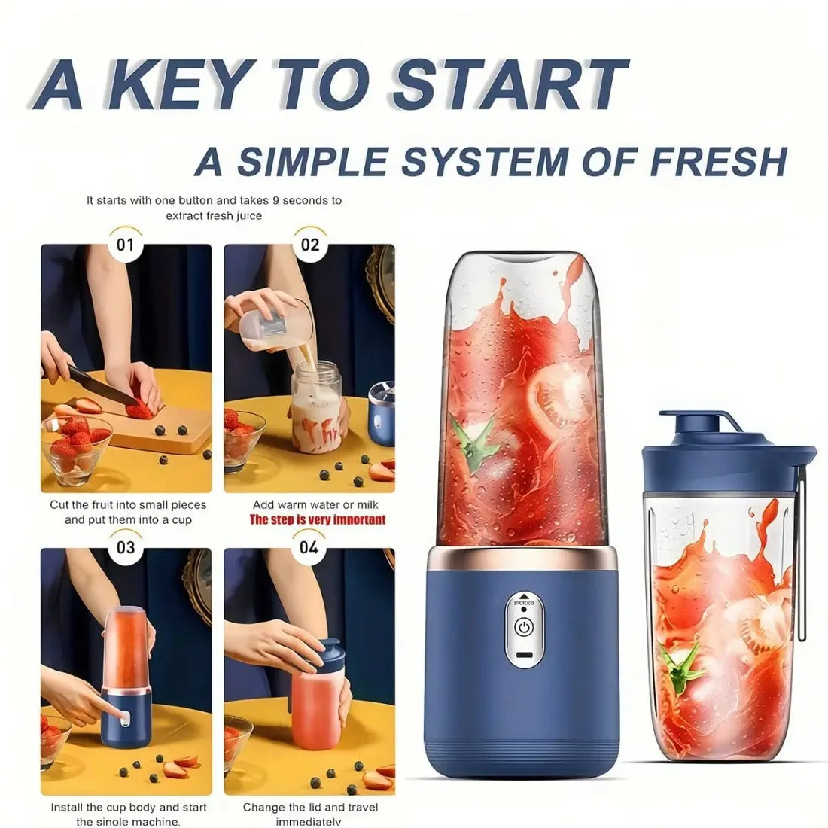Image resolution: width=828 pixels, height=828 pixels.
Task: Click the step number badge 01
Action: tap(126, 245)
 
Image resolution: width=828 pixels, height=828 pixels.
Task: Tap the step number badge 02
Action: tap(310, 245)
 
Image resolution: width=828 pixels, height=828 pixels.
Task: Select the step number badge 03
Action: tap(126, 546)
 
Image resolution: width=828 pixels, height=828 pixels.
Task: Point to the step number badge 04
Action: tap(309, 546)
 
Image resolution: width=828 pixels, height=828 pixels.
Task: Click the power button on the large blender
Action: tap(523, 626)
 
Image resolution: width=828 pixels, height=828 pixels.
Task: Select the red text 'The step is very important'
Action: tap(317, 519)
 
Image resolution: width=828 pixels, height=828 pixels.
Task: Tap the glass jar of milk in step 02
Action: tap(316, 406)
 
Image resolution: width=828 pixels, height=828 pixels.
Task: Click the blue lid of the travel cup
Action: tap(726, 440)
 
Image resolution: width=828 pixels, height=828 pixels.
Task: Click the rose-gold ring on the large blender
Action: tap(523, 558)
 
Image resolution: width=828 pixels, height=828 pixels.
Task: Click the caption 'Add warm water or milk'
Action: tap(316, 504)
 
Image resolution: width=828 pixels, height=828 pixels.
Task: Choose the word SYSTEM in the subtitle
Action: tap(478, 160)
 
